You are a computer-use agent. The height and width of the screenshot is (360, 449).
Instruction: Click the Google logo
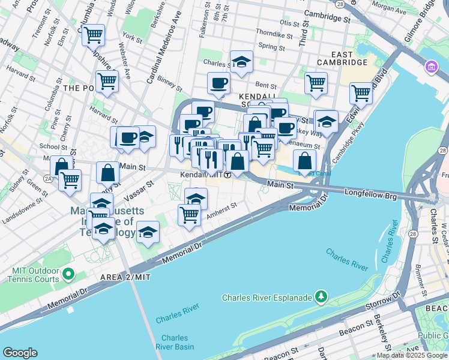pyautogui.click(x=21, y=353)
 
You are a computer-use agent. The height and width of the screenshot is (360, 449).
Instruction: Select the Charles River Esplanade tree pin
pyautogui.click(x=322, y=296)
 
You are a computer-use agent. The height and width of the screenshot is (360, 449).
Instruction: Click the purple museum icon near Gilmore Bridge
pyautogui.click(x=431, y=66)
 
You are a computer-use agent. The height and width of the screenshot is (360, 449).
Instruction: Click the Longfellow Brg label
pyautogui.click(x=367, y=193)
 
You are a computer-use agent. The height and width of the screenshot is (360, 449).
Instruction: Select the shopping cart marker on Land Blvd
pyautogui.click(x=360, y=93)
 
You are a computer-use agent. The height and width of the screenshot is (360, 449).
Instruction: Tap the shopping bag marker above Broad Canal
pyautogui.click(x=305, y=160)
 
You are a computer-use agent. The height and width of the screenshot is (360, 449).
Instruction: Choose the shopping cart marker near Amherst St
pyautogui.click(x=189, y=214)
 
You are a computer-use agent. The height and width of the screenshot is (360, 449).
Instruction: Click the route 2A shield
pyautogui.click(x=49, y=178)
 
